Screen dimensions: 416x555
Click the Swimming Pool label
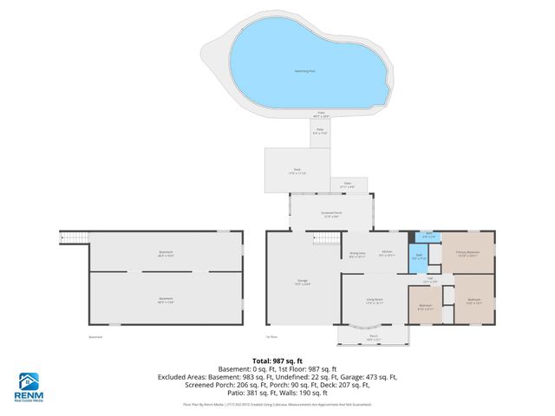point(300,73)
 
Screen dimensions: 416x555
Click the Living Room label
point(374,301)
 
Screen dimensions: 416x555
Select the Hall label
point(428,279)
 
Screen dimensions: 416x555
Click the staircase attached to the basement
point(73,237)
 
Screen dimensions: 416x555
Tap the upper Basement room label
point(166,254)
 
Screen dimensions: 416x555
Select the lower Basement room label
point(166,300)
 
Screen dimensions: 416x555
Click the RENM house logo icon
point(29,380)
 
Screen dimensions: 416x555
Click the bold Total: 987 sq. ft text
point(277,360)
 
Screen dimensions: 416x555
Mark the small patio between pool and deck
point(321,133)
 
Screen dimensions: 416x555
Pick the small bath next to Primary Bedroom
point(428,235)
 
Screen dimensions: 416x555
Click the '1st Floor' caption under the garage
point(272,336)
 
